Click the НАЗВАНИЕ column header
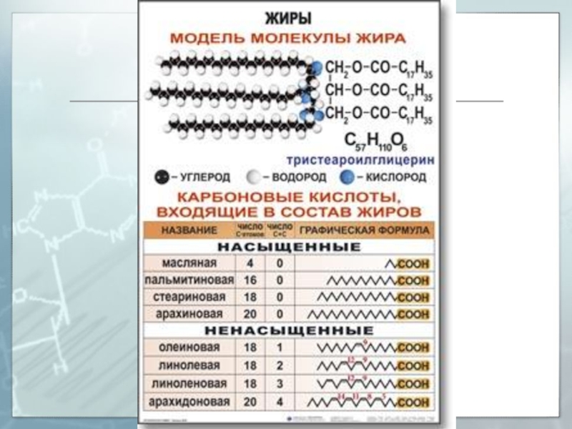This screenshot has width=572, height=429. click(x=189, y=230)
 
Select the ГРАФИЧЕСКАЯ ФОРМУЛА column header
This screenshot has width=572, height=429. click(x=364, y=230)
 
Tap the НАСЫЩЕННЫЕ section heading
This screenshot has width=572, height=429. click(x=289, y=247)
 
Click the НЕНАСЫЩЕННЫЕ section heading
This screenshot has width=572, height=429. click(x=289, y=331)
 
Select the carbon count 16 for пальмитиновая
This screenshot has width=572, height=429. click(x=250, y=280)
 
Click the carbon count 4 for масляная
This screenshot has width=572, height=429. click(x=250, y=264)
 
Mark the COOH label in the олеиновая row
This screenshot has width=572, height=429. click(x=414, y=347)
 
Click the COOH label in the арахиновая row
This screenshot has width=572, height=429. click(x=414, y=314)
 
